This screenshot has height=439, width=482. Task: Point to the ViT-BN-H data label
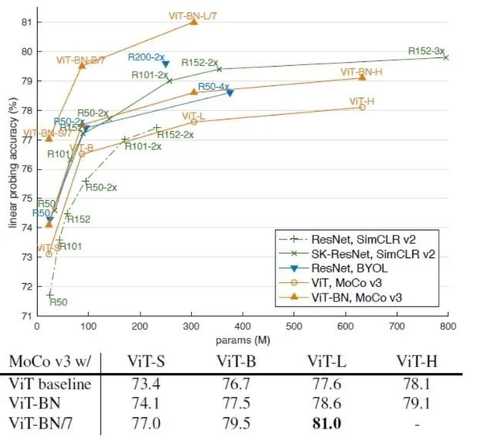pyautogui.click(x=361, y=72)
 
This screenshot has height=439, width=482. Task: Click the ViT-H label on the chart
pyautogui.click(x=361, y=101)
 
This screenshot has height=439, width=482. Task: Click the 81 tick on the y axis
pyautogui.click(x=27, y=22)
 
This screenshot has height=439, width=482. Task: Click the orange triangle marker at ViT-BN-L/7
pyautogui.click(x=194, y=21)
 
